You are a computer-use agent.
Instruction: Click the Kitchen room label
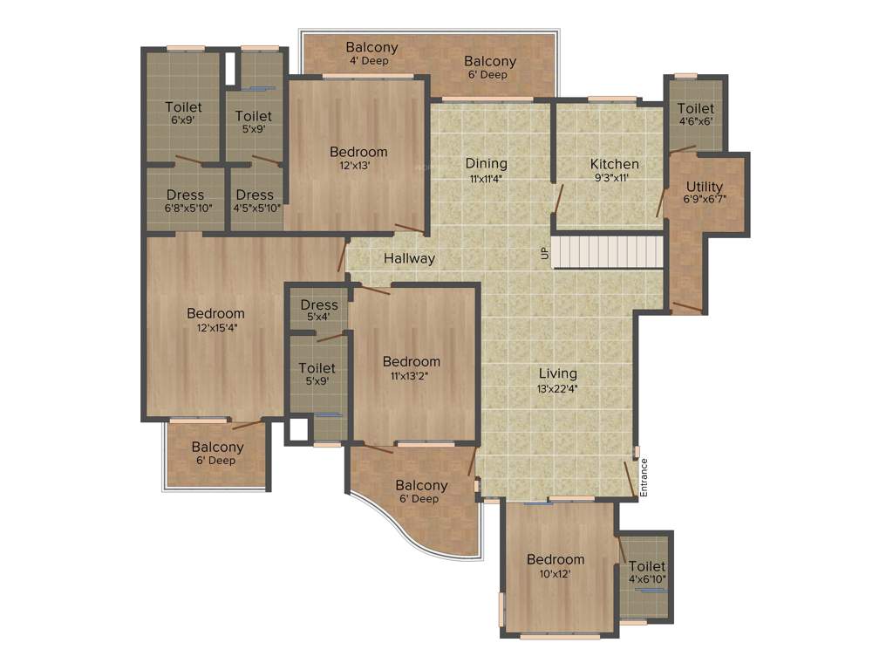tap(614, 164)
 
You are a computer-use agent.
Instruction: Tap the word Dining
tap(486, 163)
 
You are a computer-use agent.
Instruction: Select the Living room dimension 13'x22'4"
tap(558, 389)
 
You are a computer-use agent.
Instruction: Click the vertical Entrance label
tap(644, 478)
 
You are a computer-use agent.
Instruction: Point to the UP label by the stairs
tap(545, 254)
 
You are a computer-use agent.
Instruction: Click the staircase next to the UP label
tap(608, 251)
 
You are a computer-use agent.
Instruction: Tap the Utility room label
tap(704, 187)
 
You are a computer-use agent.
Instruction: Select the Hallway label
tap(409, 258)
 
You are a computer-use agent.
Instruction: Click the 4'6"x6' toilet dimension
tap(696, 121)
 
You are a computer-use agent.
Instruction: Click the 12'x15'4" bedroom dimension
tap(216, 328)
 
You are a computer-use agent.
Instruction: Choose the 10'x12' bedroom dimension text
tap(555, 574)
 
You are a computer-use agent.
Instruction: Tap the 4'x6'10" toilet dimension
tap(647, 579)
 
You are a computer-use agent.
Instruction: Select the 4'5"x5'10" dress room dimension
tap(256, 208)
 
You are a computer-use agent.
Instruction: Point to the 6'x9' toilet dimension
tap(183, 120)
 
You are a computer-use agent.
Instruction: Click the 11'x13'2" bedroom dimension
tap(411, 376)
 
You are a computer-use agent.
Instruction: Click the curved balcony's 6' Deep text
tap(419, 499)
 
